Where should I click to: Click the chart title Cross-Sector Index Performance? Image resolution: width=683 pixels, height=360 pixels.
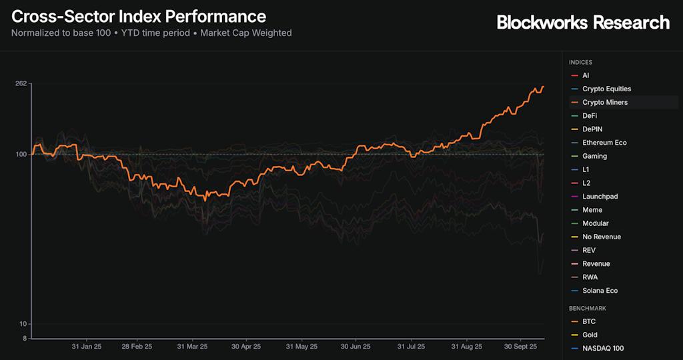coord(139,16)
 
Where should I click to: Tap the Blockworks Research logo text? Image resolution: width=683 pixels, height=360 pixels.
coord(583,23)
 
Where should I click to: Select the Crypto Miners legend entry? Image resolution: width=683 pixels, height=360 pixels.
coord(604,103)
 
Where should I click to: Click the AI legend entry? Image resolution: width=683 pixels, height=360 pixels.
coord(585,76)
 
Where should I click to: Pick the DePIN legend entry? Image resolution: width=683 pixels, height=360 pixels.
coord(592,129)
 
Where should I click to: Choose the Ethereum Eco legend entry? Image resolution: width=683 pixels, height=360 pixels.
coord(604,143)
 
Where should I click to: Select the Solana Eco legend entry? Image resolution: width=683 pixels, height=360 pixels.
coord(600,291)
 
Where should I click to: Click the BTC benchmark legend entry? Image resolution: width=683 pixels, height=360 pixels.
coord(589,321)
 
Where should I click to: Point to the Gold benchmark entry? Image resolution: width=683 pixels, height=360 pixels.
coord(590,335)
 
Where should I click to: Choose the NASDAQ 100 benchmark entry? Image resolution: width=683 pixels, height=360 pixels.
coord(602,348)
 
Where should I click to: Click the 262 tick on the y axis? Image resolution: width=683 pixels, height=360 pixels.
coord(20,83)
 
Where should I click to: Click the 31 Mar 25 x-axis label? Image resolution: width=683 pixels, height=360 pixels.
coord(192,347)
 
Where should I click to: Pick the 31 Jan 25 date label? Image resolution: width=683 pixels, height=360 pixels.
coord(87,347)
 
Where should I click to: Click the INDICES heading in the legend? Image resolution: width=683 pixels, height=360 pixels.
coord(580,62)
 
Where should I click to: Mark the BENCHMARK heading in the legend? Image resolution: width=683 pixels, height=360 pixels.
coord(587,308)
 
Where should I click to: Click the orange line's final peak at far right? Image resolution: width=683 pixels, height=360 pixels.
coord(543,87)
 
